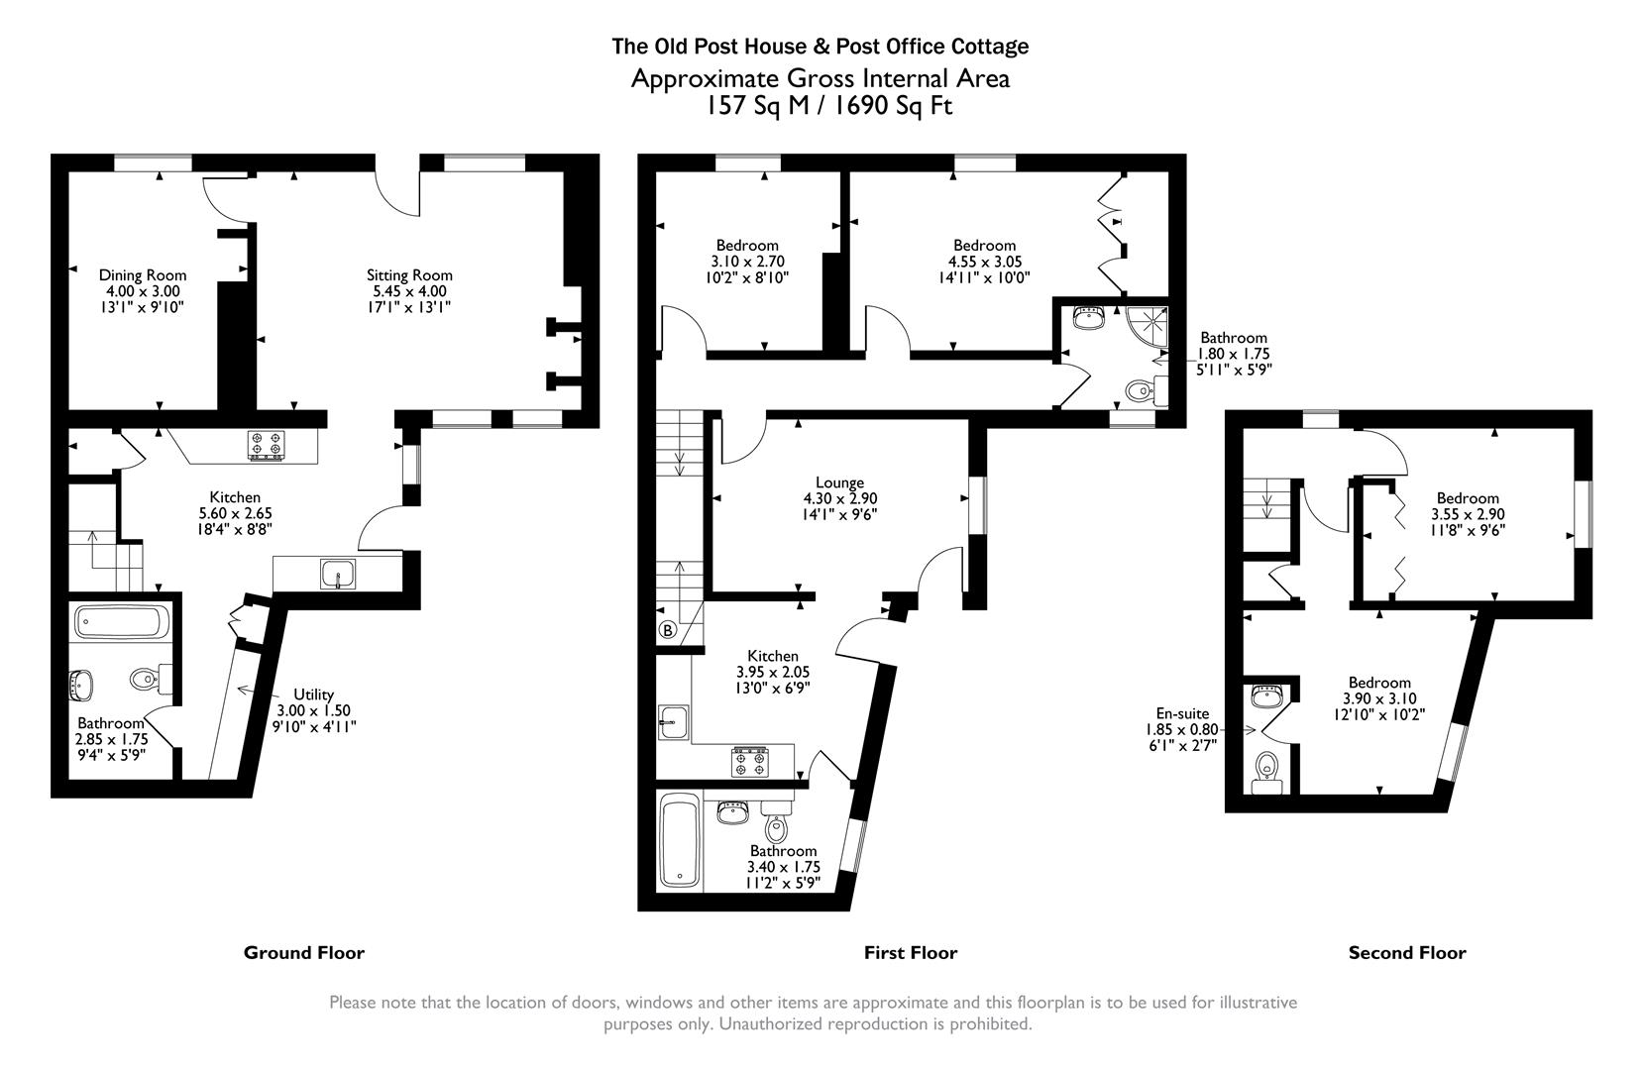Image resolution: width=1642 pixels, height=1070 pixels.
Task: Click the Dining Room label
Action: (142, 275)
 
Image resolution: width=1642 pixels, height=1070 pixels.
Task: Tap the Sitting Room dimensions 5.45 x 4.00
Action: (409, 291)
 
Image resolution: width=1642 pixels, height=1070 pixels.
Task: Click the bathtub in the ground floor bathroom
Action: (122, 622)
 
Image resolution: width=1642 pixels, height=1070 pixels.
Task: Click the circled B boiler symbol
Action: (667, 630)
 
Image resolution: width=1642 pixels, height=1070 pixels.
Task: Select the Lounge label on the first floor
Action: (839, 482)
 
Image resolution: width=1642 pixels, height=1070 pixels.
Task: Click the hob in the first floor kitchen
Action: (749, 762)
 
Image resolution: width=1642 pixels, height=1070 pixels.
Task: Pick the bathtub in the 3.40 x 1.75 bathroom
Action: (681, 842)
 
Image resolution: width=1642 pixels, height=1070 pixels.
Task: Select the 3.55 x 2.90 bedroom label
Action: (1467, 498)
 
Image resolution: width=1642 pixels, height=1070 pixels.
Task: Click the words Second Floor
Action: (1406, 953)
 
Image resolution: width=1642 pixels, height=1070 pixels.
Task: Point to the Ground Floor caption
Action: (304, 953)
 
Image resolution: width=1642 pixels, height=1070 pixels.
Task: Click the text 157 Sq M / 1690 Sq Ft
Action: (828, 106)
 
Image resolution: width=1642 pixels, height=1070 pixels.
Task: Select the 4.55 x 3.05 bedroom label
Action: (984, 246)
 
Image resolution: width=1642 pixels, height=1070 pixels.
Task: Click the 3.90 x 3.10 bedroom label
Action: (1378, 683)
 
